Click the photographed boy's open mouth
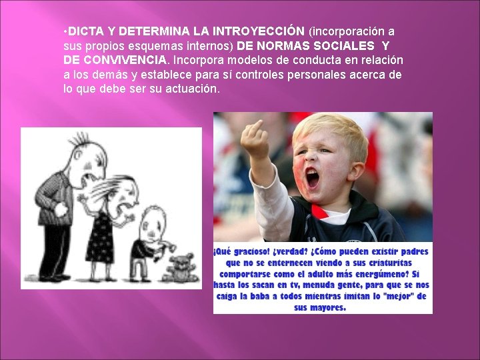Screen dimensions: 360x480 point(311,178)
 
